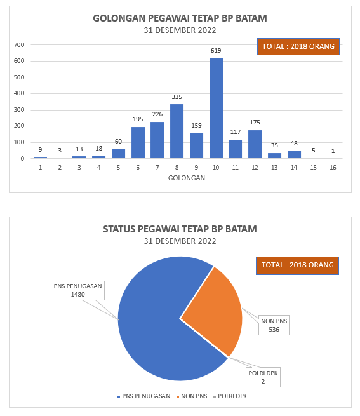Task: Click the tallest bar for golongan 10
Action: [x=216, y=108]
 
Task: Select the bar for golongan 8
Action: [x=177, y=131]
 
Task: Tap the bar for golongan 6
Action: [x=138, y=143]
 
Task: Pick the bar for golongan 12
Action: [x=255, y=144]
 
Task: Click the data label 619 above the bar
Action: [x=216, y=50]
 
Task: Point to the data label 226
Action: [x=157, y=114]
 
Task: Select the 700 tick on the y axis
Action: [x=19, y=45]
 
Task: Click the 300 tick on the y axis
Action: [x=19, y=110]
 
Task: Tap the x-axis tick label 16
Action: [x=333, y=168]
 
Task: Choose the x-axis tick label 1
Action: [x=41, y=168]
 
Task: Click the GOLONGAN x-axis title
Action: [x=187, y=178]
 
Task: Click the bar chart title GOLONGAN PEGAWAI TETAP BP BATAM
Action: [x=180, y=18]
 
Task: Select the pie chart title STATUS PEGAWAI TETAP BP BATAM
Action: [x=180, y=229]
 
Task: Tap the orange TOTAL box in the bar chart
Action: [x=298, y=47]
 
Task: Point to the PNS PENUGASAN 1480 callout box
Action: [x=77, y=290]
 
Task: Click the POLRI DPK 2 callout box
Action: [x=263, y=377]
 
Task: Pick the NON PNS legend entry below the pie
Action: [x=192, y=396]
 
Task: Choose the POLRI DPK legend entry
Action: [x=230, y=396]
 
